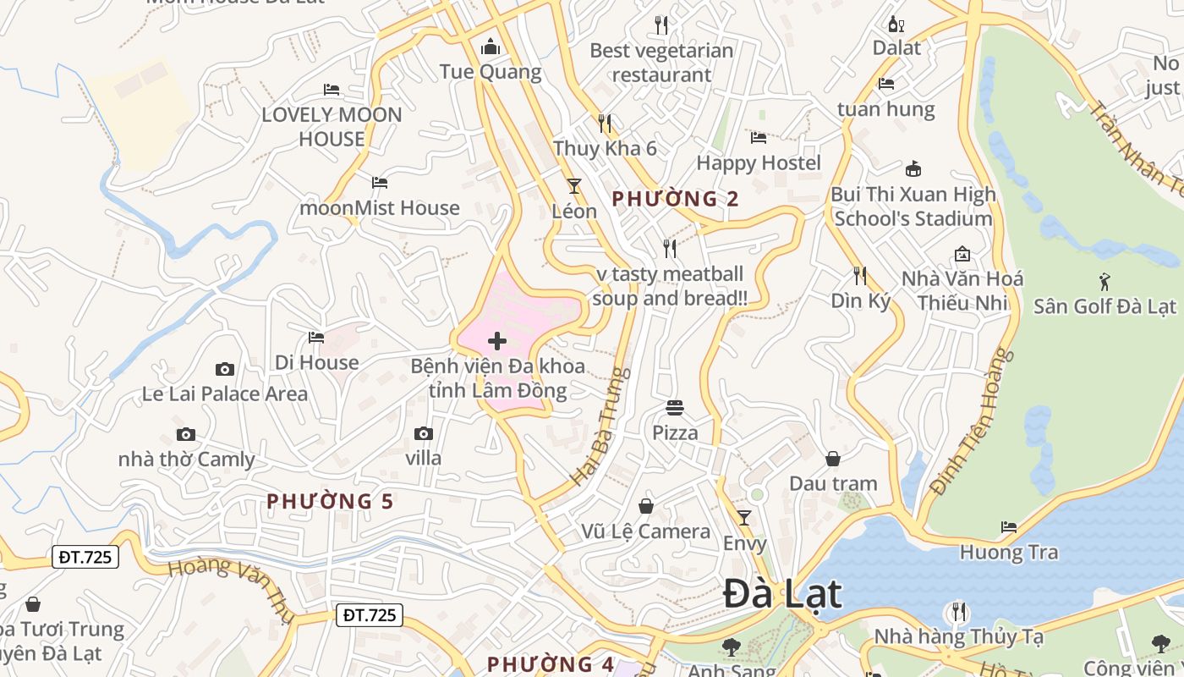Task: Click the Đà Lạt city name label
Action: pos(782,595)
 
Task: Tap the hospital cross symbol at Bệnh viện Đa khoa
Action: pos(497,341)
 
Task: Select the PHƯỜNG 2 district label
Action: pos(675,199)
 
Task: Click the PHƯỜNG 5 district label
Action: pos(330,501)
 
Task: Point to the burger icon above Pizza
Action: pos(675,408)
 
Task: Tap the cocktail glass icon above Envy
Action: pos(744,517)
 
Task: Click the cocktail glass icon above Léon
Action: pos(574,185)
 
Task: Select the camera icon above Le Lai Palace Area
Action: pos(225,369)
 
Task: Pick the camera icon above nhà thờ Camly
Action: pos(186,435)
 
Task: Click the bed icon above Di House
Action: pos(316,338)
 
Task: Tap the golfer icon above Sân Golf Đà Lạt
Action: pos(1105,281)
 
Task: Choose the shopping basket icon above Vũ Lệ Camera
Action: pos(646,506)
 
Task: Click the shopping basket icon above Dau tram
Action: pos(833,459)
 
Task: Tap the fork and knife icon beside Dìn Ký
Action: pos(860,276)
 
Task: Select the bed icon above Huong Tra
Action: pos(1009,527)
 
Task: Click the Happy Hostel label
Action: pos(759,162)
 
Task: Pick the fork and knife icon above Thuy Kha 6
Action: pos(605,124)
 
